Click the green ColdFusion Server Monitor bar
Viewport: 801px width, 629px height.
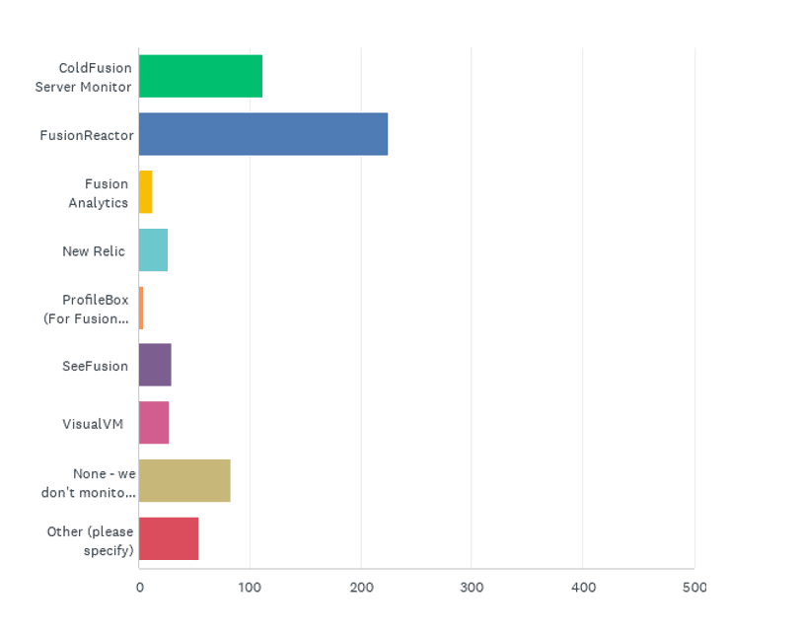point(200,77)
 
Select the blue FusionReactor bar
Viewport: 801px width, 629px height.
point(263,135)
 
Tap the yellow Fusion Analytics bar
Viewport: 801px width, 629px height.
point(146,192)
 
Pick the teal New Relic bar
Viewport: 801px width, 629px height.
point(153,250)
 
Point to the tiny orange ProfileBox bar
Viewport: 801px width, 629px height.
point(141,309)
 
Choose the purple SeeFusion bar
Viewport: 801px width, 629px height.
point(155,366)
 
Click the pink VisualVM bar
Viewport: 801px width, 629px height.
point(154,423)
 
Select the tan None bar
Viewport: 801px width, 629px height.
point(184,481)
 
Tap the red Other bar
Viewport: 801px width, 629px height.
point(169,538)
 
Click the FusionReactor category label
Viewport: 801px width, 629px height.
point(87,135)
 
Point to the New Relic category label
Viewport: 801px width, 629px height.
point(94,250)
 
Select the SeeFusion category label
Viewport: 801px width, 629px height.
point(95,366)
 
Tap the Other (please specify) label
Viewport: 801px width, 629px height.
point(90,540)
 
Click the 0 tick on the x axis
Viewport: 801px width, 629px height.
point(139,588)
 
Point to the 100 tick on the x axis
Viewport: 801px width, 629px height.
point(250,588)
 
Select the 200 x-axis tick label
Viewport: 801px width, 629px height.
point(361,588)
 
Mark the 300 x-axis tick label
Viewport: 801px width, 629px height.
point(472,588)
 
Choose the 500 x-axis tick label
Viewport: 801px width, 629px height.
point(694,588)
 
